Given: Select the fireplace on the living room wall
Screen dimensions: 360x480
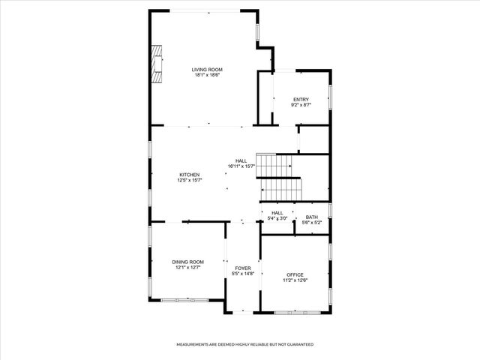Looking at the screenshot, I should click(157, 64).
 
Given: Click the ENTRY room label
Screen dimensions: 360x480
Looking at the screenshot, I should click(301, 100).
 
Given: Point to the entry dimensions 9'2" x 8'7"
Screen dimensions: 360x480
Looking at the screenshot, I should click(301, 105).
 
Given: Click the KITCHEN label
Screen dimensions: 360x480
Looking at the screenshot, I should click(189, 175).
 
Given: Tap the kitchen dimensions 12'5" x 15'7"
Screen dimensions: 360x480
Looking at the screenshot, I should click(189, 180).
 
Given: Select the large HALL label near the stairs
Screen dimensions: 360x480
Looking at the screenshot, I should click(241, 160).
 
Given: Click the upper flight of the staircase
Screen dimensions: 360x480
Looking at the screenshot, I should click(274, 166).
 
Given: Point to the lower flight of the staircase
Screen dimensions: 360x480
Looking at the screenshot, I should click(280, 190).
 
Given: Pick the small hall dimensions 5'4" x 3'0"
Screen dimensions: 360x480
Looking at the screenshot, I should click(277, 218).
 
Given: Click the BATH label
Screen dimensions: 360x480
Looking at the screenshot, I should click(311, 217).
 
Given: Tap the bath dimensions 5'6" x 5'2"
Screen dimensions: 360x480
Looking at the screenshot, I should click(311, 222).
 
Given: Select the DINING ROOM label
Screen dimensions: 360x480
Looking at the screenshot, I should click(188, 262).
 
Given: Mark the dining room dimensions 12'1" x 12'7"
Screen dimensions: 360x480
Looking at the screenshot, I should click(188, 267).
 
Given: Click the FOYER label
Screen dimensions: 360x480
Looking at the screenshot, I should click(243, 268).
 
